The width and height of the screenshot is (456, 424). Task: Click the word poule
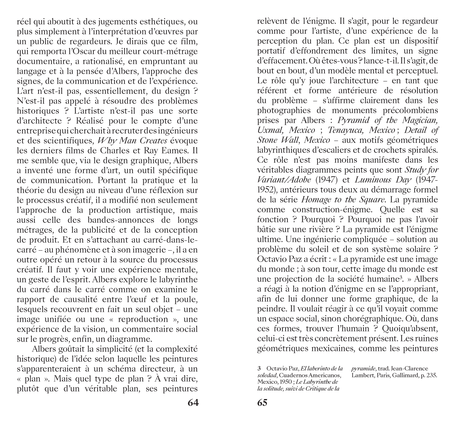(x=186, y=299)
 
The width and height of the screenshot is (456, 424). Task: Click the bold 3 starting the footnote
(x=259, y=369)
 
